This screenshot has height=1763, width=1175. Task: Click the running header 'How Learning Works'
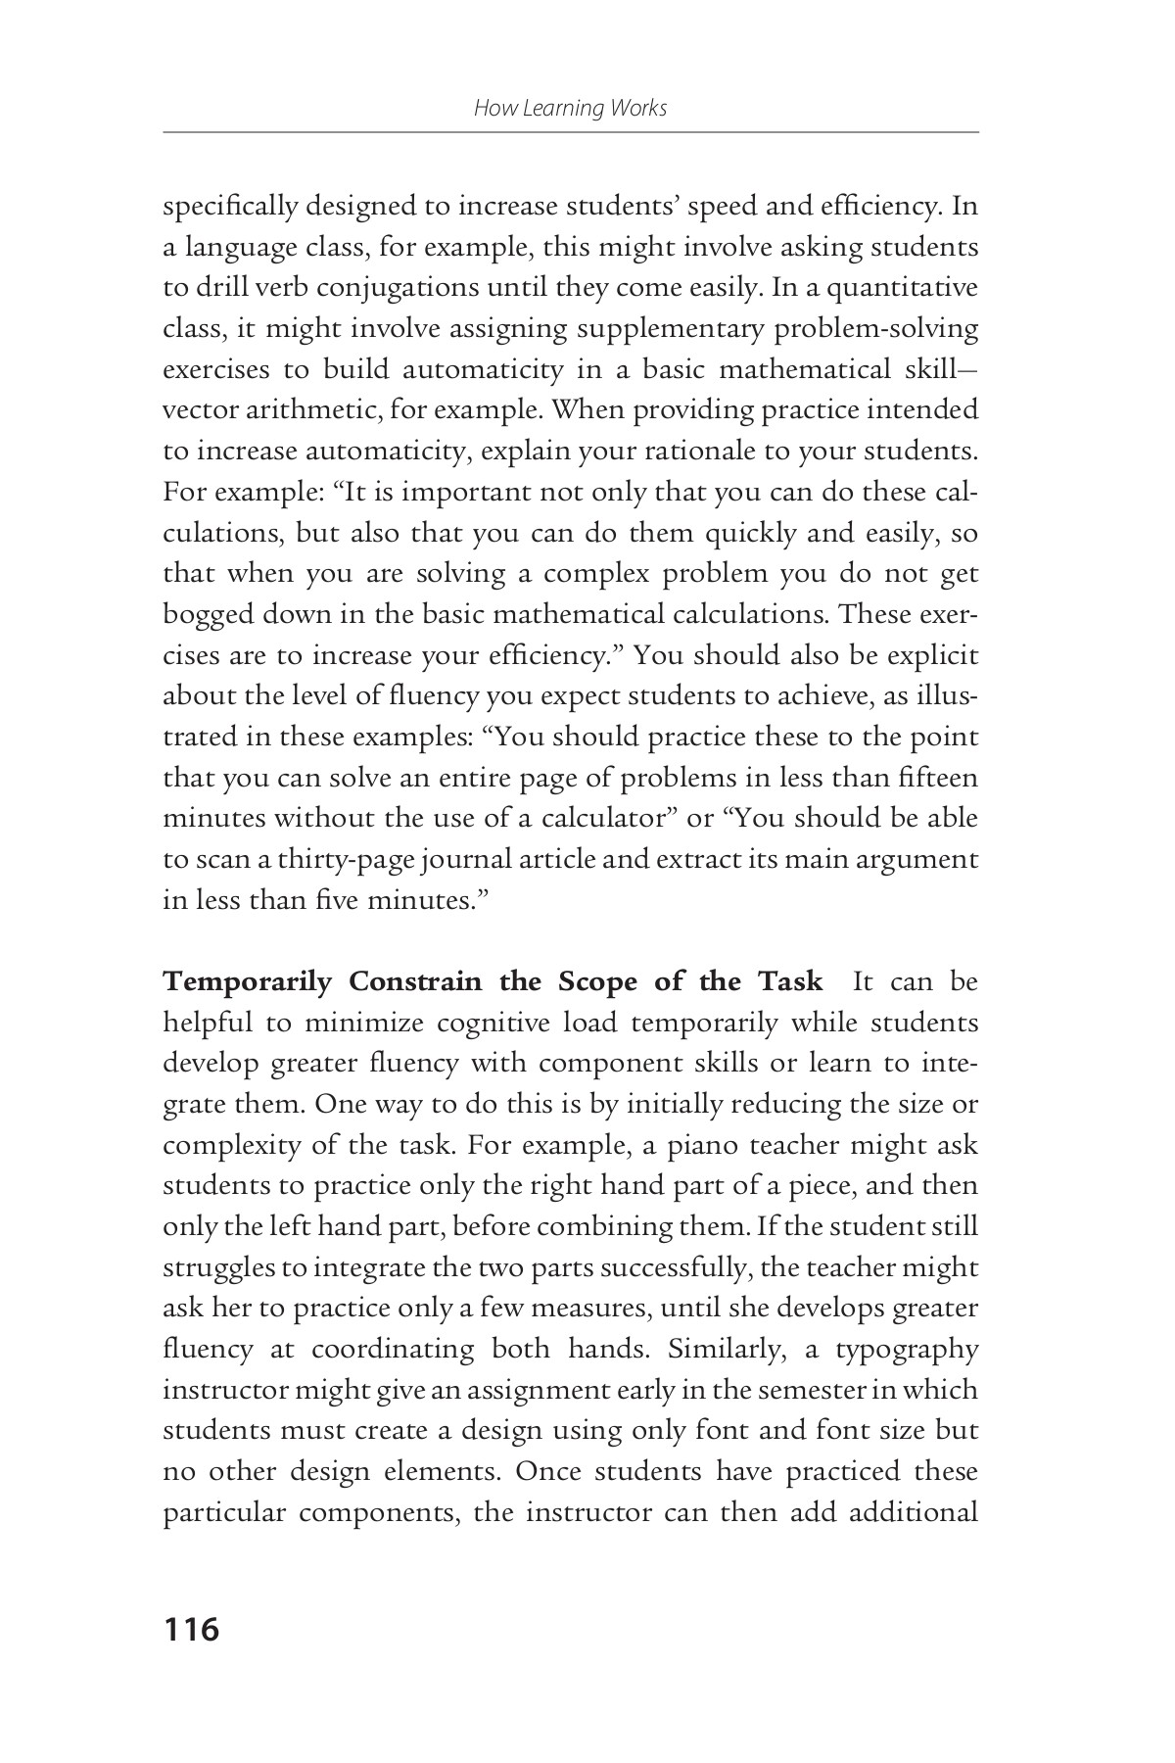[x=570, y=108]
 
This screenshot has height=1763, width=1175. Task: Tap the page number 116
[x=192, y=1630]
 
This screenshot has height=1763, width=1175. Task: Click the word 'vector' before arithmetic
[x=196, y=411]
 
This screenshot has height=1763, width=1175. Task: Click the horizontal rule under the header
[x=570, y=131]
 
